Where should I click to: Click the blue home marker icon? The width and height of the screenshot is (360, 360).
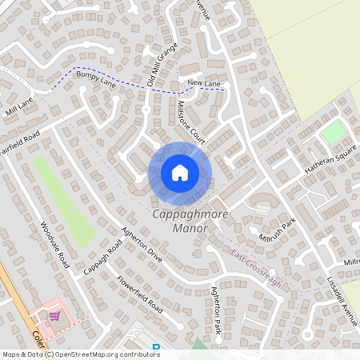point(180,172)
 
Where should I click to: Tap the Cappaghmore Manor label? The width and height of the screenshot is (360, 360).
point(179,222)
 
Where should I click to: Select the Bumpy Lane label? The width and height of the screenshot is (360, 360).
point(97,81)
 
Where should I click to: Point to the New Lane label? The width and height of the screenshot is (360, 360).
point(203,83)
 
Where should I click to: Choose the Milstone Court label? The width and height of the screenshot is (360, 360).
point(192,122)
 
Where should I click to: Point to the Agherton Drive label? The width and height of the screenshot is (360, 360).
point(142,246)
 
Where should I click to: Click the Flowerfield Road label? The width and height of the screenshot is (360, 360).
point(140,294)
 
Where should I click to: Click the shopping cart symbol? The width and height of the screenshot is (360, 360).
point(54,315)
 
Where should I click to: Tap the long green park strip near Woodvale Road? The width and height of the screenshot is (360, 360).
point(66,200)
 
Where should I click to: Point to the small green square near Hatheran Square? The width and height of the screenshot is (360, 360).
point(332,132)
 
